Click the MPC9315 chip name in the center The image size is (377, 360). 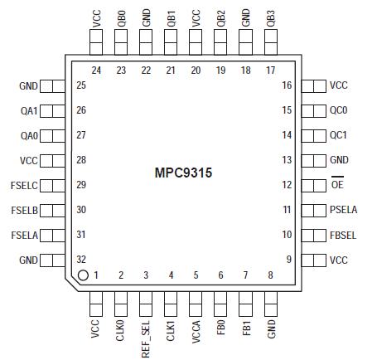pyautogui.click(x=185, y=173)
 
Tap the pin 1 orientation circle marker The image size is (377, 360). pyautogui.click(x=83, y=275)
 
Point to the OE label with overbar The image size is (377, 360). pyautogui.click(x=336, y=185)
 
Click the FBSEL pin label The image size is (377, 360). pyautogui.click(x=343, y=235)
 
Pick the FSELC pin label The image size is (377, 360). pyautogui.click(x=25, y=185)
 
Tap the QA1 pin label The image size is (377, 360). pyautogui.click(x=29, y=109)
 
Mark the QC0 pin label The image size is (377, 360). pyautogui.click(x=338, y=109)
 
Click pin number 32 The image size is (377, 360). pyautogui.click(x=81, y=259)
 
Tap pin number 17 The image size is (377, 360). pyautogui.click(x=271, y=71)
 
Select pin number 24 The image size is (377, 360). pyautogui.click(x=96, y=71)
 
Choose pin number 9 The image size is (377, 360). pyautogui.click(x=288, y=259)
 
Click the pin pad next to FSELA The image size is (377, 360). pyautogui.click(x=53, y=235)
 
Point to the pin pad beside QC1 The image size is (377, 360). pyautogui.click(x=315, y=134)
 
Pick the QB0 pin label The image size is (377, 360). pyautogui.click(x=121, y=18)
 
